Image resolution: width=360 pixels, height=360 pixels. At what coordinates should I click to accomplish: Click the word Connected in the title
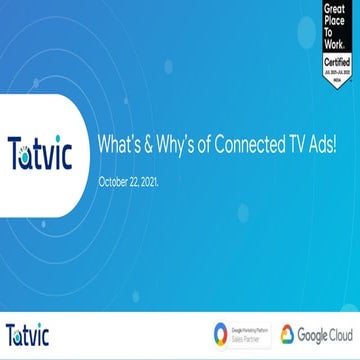point(237,145)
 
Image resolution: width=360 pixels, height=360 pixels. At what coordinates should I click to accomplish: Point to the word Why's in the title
point(172,145)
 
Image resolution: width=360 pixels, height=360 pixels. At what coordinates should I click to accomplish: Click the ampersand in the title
point(147,145)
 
